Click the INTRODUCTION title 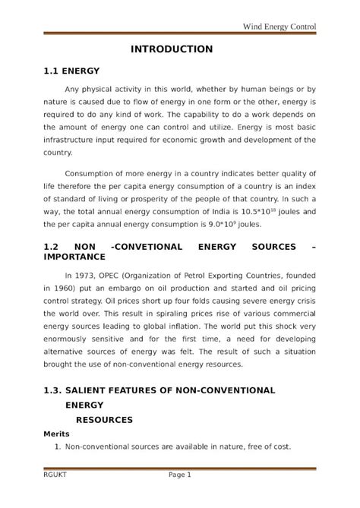pos(172,49)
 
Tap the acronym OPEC pos(118,276)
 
